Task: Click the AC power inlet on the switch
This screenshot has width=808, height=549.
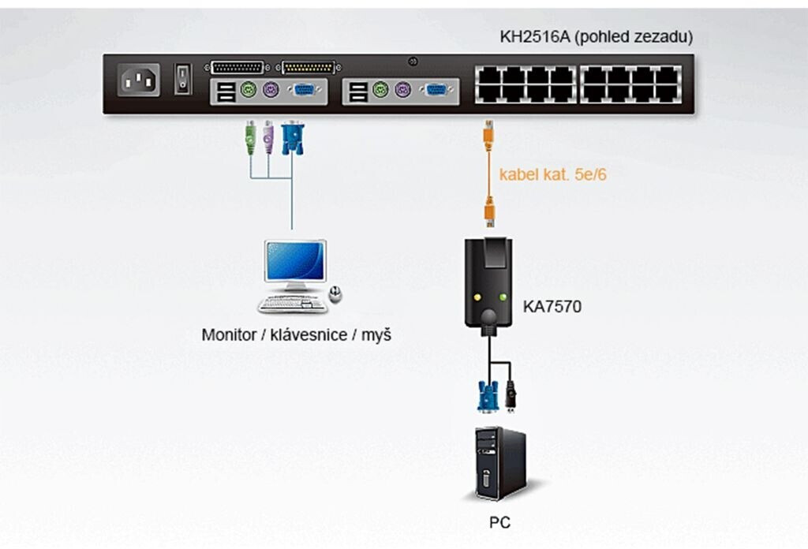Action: pyautogui.click(x=138, y=80)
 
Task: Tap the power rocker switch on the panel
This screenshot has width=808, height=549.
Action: pyautogui.click(x=182, y=78)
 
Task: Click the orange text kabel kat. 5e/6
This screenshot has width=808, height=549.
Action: pyautogui.click(x=552, y=174)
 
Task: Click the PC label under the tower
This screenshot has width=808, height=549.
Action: pyautogui.click(x=499, y=521)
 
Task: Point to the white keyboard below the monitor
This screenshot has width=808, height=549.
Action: pyautogui.click(x=293, y=304)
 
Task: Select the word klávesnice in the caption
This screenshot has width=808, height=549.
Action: pyautogui.click(x=311, y=335)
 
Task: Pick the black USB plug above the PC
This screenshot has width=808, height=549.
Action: pyautogui.click(x=511, y=395)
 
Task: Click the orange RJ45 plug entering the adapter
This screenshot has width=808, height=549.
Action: pyautogui.click(x=490, y=214)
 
